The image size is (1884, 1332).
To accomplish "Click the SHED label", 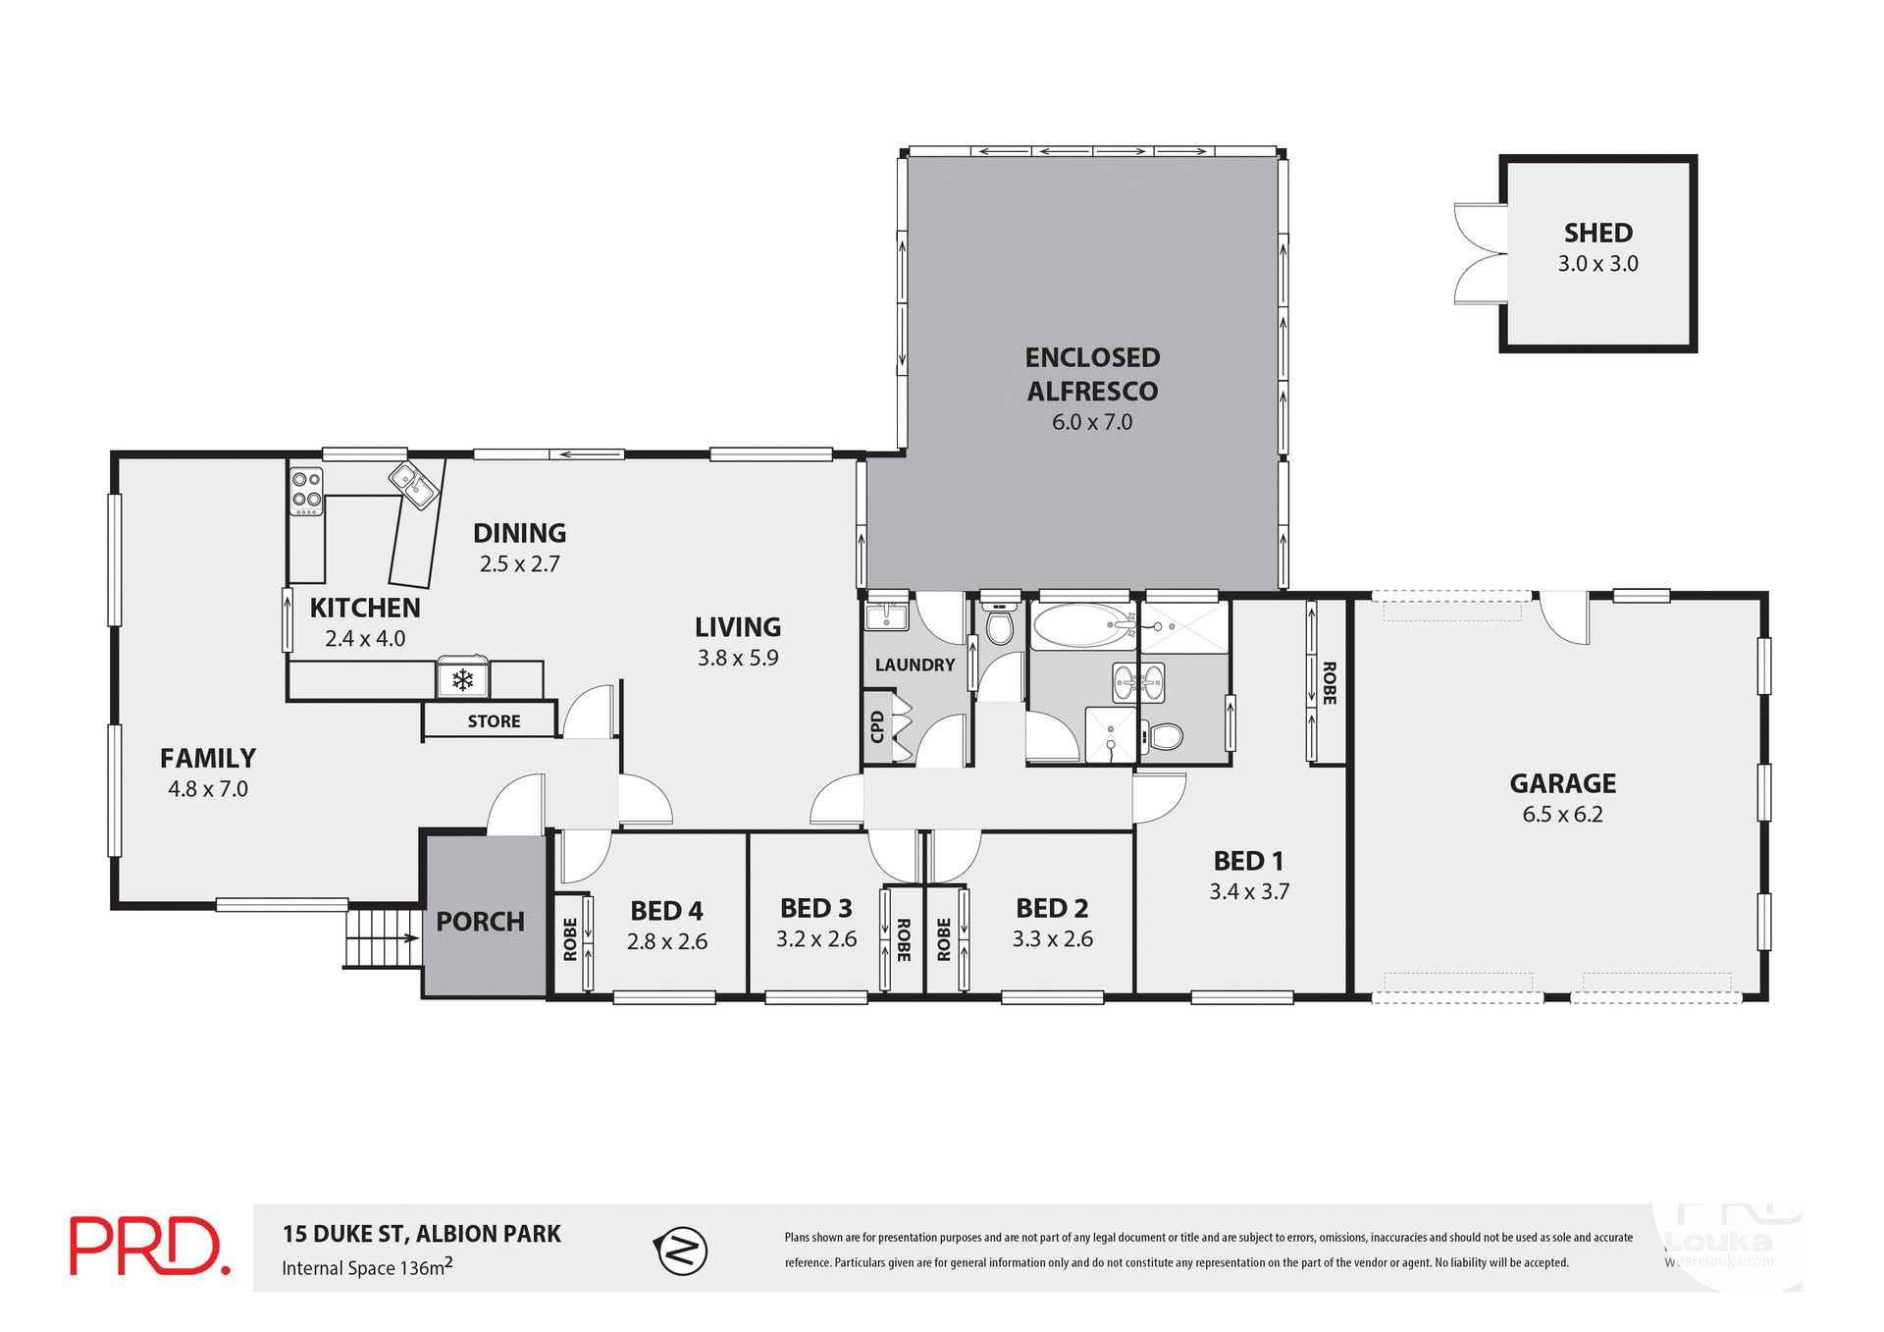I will tap(1597, 234).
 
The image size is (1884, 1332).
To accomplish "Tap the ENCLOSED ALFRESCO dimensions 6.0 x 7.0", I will tap(1091, 422).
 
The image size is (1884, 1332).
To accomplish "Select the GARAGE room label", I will tap(1562, 783).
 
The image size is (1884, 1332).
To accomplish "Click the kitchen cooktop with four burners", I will tap(306, 491).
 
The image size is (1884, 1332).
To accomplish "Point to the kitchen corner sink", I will tap(414, 485).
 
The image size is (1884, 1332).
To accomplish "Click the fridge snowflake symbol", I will tap(462, 679).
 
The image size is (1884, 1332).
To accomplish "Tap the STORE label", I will tap(494, 721).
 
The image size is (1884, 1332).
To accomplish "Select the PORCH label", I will tap(480, 922).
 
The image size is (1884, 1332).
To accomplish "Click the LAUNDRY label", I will tap(915, 666).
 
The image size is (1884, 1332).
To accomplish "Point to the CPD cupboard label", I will tap(877, 726).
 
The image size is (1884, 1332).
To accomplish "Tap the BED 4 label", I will tap(666, 911).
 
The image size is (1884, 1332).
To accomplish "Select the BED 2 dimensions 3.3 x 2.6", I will tap(1052, 939).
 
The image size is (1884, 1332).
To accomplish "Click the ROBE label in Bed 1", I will tap(1329, 683).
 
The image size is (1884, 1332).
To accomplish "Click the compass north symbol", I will tap(681, 1251).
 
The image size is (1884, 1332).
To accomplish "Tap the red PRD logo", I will tap(149, 1247).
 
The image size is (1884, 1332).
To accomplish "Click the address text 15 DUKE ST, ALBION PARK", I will tap(422, 1234).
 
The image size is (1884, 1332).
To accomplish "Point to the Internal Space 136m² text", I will tap(367, 1267).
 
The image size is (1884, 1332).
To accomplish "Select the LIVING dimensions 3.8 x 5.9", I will tap(738, 659).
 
